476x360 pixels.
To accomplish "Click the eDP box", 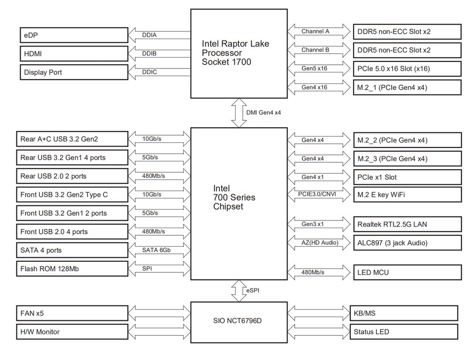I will [73, 35].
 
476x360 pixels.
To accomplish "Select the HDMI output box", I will [73, 54].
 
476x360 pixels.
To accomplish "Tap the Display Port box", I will [73, 72].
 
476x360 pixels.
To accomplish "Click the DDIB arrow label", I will [149, 54].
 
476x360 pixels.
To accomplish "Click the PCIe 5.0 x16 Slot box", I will [407, 69].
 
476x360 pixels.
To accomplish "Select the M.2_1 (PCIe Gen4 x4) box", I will [407, 87].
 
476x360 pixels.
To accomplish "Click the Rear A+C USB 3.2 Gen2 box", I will [71, 139].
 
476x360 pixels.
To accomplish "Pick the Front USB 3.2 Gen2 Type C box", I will [71, 195].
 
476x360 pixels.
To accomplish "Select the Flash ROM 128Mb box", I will [71, 269].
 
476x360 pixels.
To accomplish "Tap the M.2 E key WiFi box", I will [407, 195].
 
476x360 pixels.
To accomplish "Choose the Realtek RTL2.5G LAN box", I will [407, 224].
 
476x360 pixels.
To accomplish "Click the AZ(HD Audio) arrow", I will [319, 243].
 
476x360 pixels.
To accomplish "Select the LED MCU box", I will [407, 273].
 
